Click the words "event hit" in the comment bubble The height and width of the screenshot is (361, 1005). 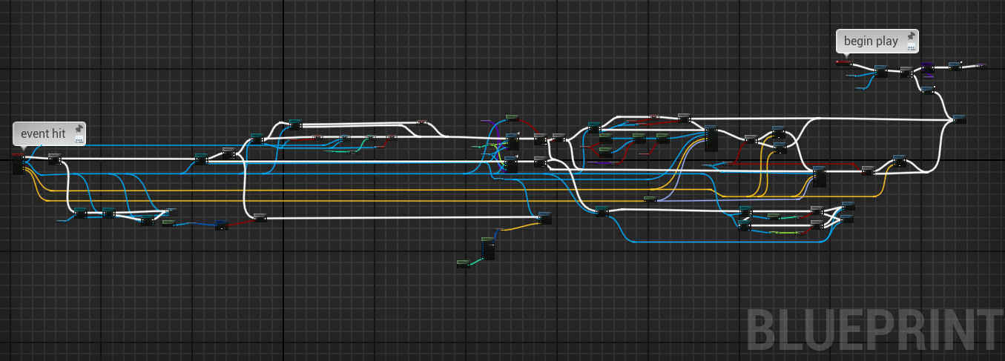(43, 133)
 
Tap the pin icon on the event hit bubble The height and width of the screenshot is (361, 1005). (79, 129)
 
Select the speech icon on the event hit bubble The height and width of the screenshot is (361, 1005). (79, 140)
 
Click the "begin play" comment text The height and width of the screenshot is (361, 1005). (871, 41)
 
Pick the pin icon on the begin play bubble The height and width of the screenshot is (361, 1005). (912, 36)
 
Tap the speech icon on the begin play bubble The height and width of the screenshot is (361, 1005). (912, 47)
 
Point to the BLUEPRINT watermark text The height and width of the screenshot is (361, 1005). (875, 330)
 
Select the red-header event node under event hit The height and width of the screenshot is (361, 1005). (19, 164)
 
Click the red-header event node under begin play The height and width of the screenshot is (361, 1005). (843, 63)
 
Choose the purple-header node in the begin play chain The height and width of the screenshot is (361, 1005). (928, 69)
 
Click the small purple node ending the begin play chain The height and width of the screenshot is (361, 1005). (981, 65)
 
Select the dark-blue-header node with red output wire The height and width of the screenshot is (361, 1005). (222, 225)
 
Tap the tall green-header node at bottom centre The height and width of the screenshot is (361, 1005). (488, 248)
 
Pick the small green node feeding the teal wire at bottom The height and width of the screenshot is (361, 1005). (464, 264)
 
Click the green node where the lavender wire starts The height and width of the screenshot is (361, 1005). (650, 199)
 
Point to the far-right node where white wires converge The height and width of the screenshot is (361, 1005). (959, 119)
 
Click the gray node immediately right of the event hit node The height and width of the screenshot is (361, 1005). (55, 159)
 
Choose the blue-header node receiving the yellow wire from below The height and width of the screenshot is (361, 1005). (544, 218)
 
